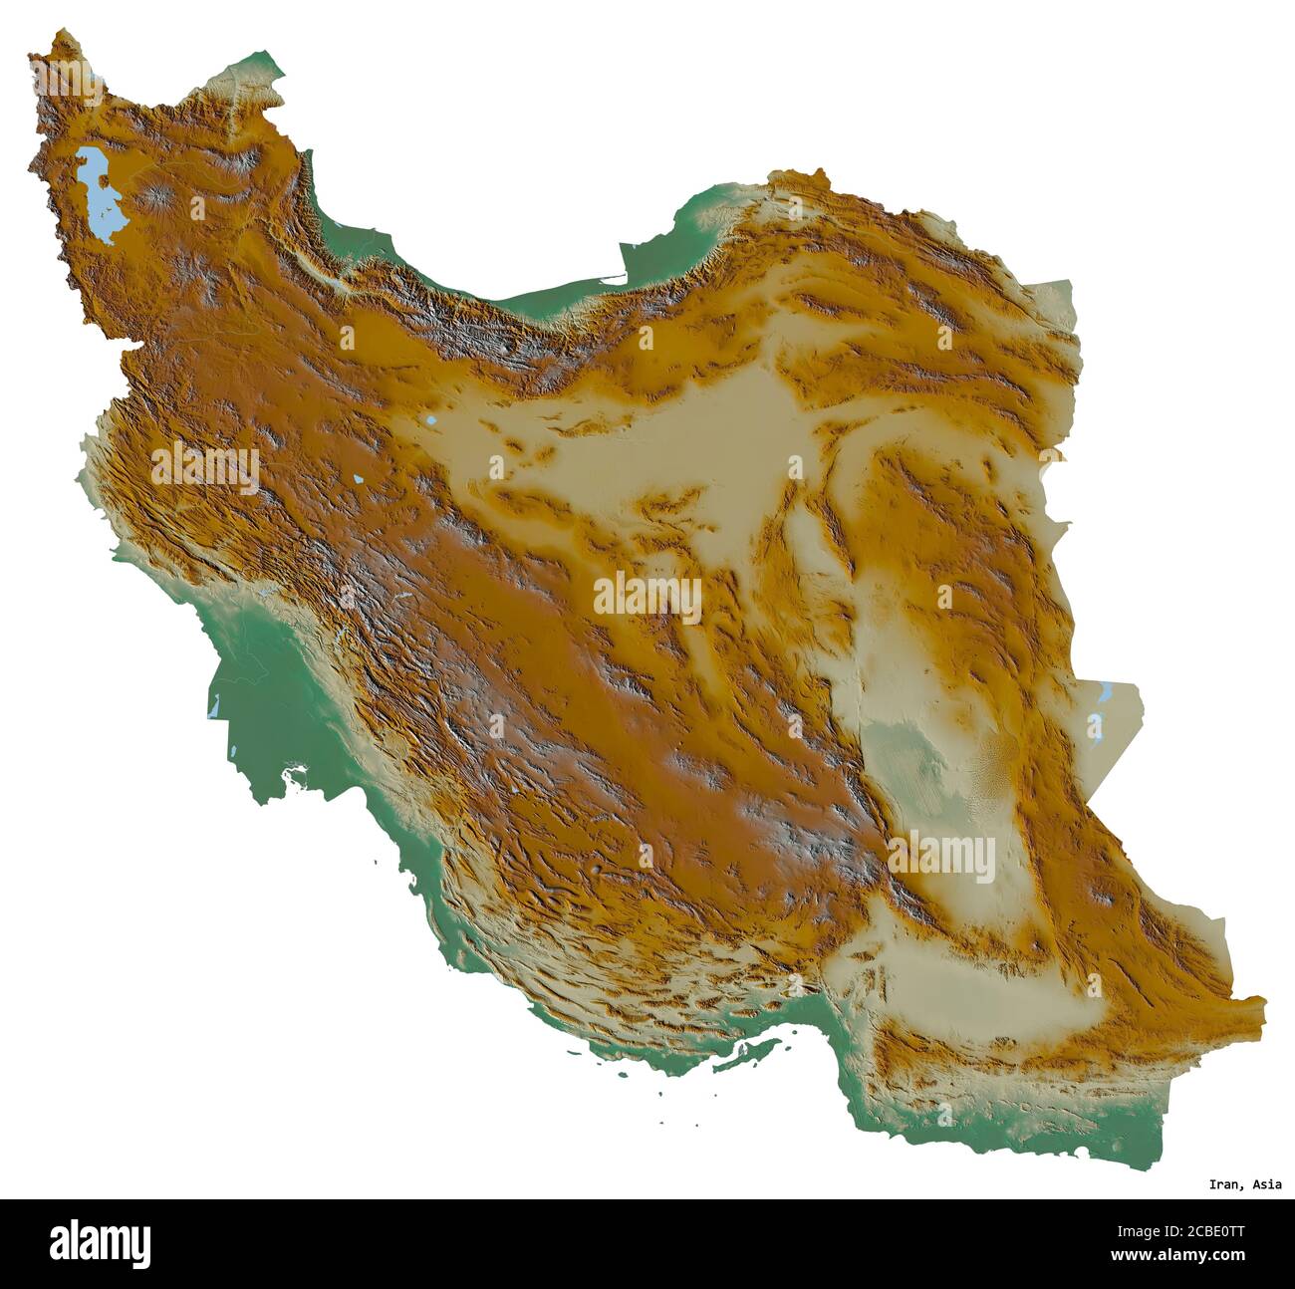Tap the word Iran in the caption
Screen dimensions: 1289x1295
[1224, 1184]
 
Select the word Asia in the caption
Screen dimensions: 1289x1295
[1267, 1184]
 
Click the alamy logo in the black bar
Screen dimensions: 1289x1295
[100, 1243]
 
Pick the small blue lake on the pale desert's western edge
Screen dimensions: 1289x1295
[428, 422]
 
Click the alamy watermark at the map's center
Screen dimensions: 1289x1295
[647, 597]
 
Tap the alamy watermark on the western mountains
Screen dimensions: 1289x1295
[205, 466]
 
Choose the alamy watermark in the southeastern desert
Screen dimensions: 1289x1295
[940, 857]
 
